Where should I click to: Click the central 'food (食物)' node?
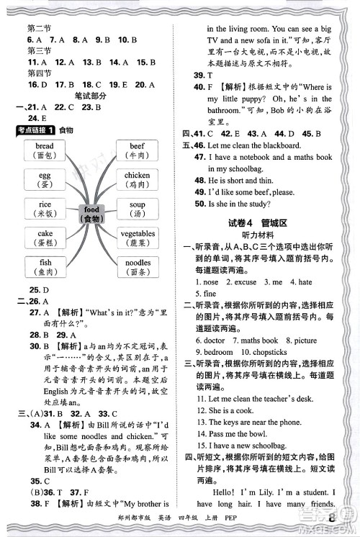91,214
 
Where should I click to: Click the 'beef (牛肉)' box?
137,150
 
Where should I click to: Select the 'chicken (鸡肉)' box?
137,180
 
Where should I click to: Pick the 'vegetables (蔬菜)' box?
137,238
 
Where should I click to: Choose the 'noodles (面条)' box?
137,268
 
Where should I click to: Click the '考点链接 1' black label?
35,130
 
